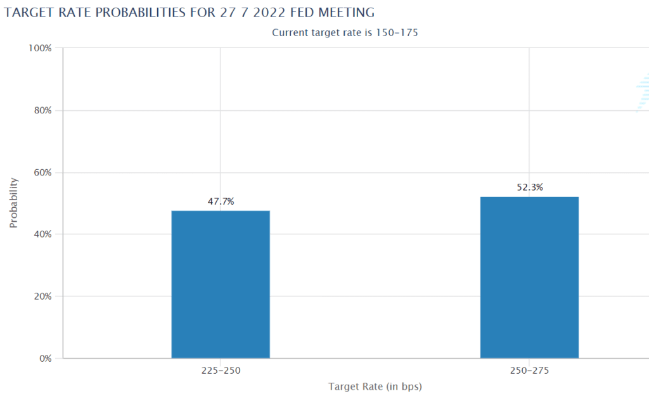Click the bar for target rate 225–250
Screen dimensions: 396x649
coord(221,284)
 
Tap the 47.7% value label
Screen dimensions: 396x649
coord(221,201)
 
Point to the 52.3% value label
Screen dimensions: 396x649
coord(530,188)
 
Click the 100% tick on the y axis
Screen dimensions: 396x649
coord(41,49)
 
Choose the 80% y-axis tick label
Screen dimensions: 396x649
coord(42,111)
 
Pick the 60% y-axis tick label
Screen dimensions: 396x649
coord(42,173)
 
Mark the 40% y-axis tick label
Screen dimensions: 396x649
coord(42,234)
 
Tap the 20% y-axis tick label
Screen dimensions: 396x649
coord(42,297)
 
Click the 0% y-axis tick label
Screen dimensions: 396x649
coord(45,359)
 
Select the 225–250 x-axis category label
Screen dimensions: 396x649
coord(221,370)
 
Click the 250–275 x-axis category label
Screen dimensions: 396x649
coord(529,370)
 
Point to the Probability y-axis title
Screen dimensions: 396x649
coord(13,203)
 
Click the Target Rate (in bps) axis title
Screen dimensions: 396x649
coord(375,386)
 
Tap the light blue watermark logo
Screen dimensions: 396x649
coord(643,93)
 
